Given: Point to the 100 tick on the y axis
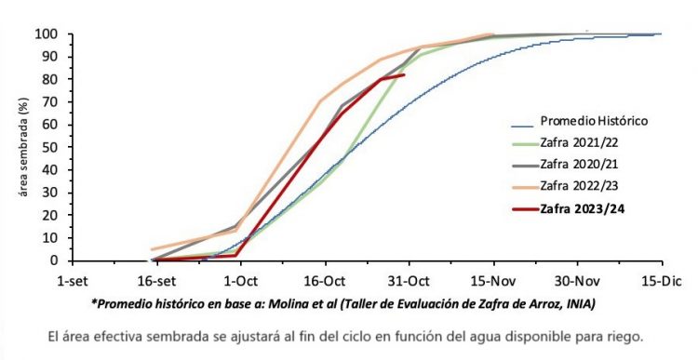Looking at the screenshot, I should [46, 34].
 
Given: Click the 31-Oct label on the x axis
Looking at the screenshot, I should [409, 281].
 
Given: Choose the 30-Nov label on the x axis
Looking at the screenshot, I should [577, 281].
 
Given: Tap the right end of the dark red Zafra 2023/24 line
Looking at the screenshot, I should [403, 75].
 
